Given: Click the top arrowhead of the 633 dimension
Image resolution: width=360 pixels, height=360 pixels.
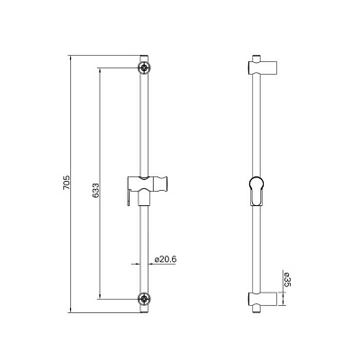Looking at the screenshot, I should [101, 69].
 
